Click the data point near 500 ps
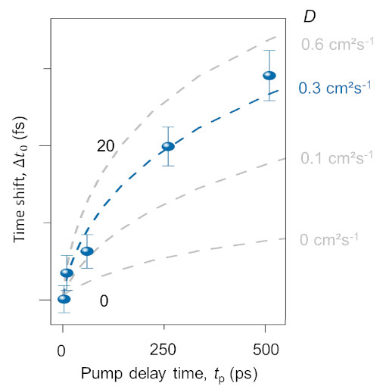[269, 76]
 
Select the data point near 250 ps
[168, 146]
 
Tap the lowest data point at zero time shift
[64, 299]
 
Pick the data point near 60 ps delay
[87, 251]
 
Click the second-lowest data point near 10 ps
[67, 272]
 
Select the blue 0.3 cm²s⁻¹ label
[335, 88]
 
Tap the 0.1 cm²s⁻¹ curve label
[337, 158]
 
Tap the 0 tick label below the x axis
[62, 351]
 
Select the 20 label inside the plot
[105, 146]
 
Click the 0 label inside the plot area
[104, 301]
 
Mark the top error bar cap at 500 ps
[269, 51]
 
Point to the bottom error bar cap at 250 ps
[168, 165]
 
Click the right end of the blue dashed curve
[278, 90]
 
